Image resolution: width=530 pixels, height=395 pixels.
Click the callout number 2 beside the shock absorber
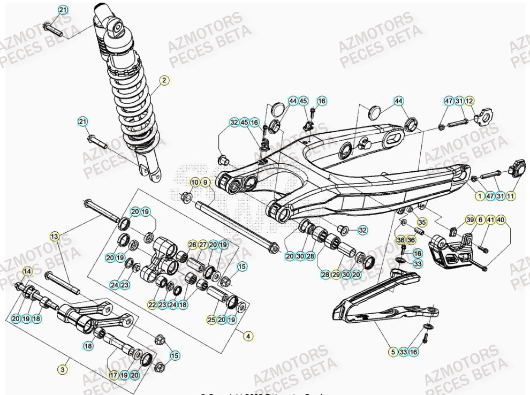(164, 80)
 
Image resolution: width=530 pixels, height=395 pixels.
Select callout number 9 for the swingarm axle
(205, 183)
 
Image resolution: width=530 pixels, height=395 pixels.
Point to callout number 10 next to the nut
(194, 183)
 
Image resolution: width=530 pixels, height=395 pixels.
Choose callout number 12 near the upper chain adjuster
(469, 101)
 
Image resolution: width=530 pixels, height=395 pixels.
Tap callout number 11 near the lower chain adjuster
(511, 196)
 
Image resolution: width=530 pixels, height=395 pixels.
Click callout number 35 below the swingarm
(422, 222)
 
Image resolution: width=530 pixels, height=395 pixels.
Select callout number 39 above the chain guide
(470, 220)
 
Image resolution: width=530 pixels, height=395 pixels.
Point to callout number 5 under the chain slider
(393, 352)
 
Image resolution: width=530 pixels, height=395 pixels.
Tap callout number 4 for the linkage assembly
(248, 336)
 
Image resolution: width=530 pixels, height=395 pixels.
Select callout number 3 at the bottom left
(63, 369)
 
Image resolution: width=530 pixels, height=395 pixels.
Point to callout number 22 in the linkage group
(153, 305)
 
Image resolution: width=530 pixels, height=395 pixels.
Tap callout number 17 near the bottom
(113, 375)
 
